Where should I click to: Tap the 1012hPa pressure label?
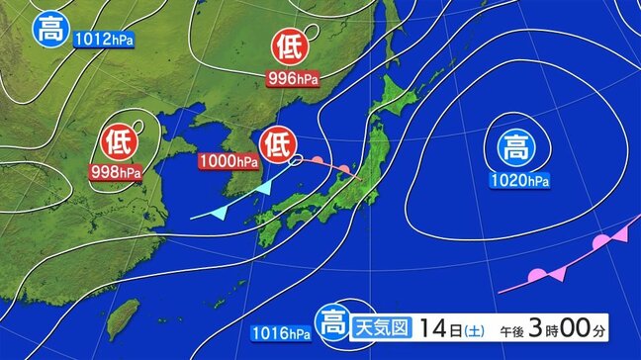tap(102, 42)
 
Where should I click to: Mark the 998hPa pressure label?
tap(117, 171)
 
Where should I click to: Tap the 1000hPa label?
tap(231, 160)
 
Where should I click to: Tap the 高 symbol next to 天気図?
tap(329, 322)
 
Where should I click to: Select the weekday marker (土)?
tap(476, 324)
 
